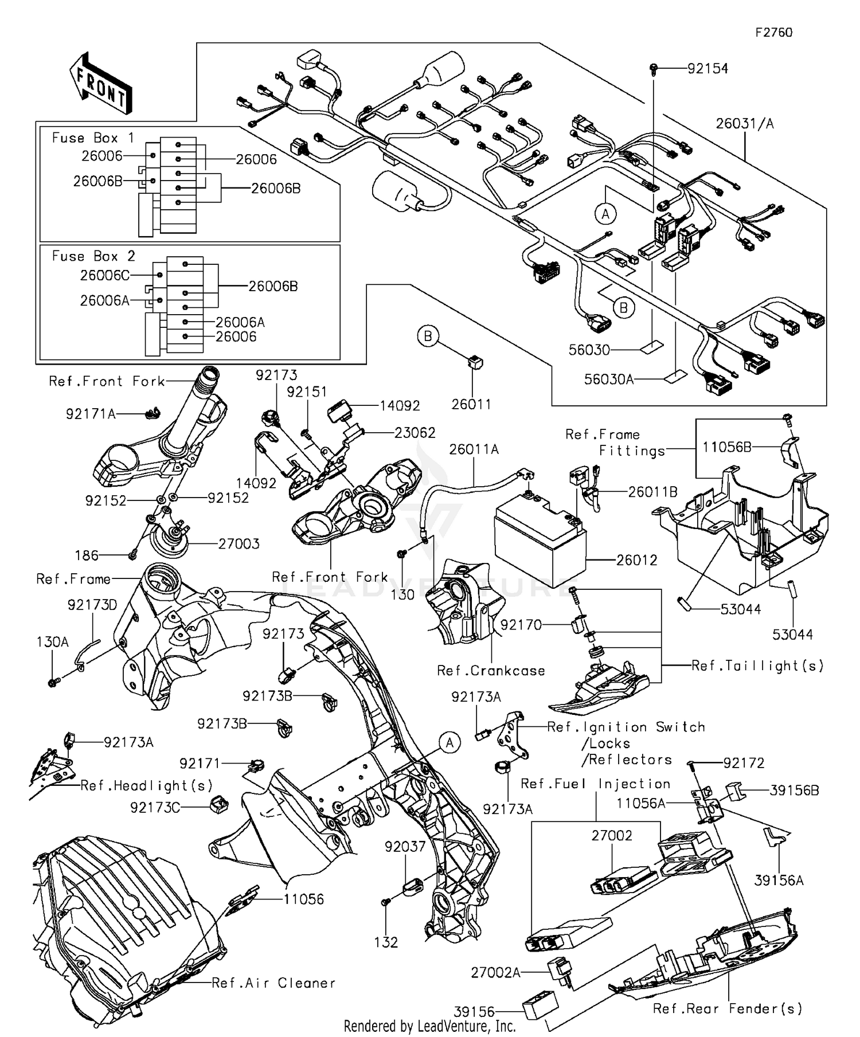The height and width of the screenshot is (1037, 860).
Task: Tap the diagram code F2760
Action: (773, 33)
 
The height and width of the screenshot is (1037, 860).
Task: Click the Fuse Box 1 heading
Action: (93, 138)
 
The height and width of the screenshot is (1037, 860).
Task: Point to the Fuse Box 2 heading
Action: (93, 256)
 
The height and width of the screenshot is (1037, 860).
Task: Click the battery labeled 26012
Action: (539, 539)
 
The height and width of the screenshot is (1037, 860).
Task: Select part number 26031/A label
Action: (745, 124)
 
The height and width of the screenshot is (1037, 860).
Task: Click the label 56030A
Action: (608, 379)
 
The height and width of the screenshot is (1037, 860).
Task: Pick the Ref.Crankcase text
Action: (491, 671)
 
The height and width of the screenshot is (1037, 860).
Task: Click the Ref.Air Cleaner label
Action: (273, 983)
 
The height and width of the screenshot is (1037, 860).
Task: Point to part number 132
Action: (386, 942)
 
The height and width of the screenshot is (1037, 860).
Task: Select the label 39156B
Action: (794, 791)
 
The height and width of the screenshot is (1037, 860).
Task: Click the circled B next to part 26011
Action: (428, 336)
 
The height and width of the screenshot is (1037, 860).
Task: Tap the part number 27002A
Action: (495, 973)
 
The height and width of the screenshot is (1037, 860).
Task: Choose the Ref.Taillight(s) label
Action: (757, 666)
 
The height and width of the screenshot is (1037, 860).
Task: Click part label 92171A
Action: (91, 414)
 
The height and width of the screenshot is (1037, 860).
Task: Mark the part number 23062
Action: (415, 433)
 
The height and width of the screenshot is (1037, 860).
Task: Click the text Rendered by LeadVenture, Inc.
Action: (429, 1026)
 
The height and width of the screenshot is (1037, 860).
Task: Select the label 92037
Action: (405, 847)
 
